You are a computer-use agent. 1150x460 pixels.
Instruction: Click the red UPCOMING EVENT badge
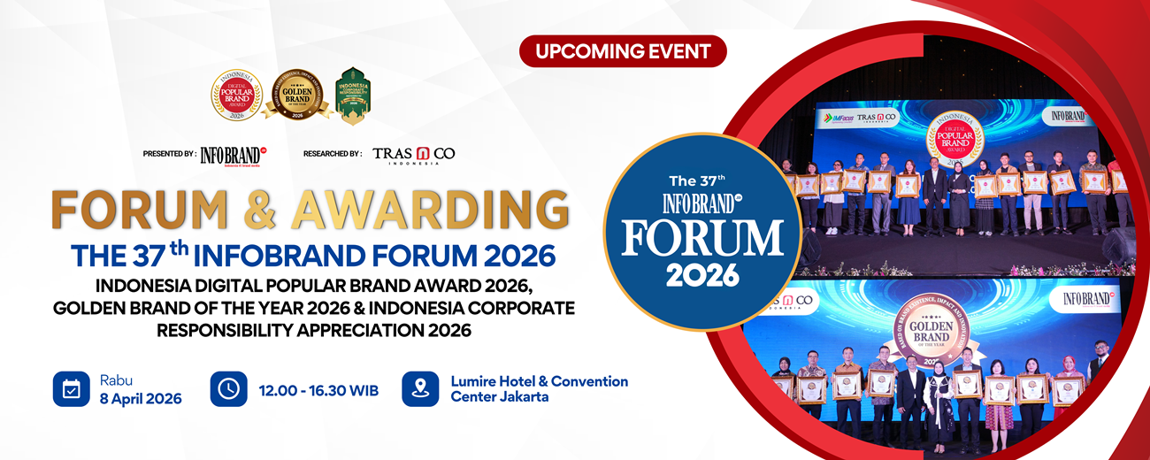pos(623,51)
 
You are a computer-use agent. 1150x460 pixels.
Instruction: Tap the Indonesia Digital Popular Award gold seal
pos(236,95)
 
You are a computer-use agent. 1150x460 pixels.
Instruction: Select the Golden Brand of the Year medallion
pos(297,95)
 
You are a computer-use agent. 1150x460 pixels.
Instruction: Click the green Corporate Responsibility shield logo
pos(353,95)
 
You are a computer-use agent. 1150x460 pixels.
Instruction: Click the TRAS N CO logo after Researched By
pos(413,154)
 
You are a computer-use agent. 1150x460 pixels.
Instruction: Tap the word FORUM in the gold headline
pos(156,210)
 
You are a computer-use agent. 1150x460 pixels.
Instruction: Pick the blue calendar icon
pos(72,388)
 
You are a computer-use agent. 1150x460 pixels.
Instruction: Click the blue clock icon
pos(228,388)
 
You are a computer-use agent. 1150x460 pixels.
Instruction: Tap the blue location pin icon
pos(420,388)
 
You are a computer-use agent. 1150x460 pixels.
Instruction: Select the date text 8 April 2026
pos(141,398)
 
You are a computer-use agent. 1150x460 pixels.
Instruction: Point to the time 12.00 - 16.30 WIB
pos(318,389)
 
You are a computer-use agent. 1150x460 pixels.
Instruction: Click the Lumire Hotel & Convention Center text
pos(539,388)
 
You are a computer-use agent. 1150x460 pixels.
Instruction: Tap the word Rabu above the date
pos(116,379)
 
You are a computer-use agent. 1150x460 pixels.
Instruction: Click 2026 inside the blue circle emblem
pos(702,274)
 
